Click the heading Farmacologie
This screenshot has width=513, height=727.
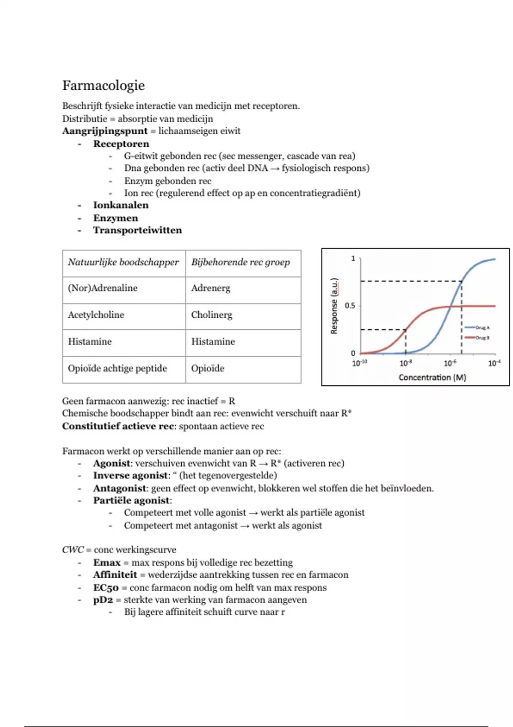(103, 86)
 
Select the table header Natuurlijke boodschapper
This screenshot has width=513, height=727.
(123, 262)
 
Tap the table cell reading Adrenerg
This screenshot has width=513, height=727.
(210, 288)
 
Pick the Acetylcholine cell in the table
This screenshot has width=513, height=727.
(96, 315)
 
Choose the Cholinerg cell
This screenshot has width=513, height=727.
(212, 315)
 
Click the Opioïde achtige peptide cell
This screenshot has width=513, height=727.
(117, 368)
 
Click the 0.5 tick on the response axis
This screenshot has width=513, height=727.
(350, 306)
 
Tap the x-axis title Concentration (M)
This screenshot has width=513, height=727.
(432, 377)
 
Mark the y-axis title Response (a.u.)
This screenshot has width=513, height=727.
(334, 306)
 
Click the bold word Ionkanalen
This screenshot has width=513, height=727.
(121, 205)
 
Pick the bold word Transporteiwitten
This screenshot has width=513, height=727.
(138, 230)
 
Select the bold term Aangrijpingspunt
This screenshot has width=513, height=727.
(105, 131)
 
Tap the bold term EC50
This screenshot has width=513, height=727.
(106, 588)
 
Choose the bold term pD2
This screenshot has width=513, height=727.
(103, 600)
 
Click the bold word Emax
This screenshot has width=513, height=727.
(107, 562)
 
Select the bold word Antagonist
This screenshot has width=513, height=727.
(120, 488)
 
